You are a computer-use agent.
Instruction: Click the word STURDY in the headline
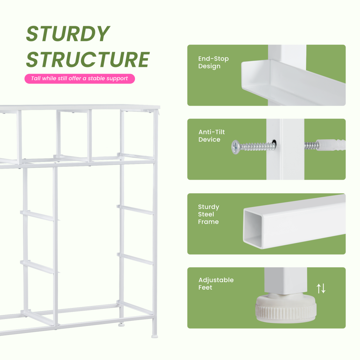coord(68,34)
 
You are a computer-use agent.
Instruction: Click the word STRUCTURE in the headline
coord(88,59)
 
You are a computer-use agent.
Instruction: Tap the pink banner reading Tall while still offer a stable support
coord(80,79)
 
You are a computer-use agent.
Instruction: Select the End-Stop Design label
coord(213,62)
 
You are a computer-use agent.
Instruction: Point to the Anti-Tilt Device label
coord(211,136)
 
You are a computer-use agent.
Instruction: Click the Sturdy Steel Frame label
coord(208,214)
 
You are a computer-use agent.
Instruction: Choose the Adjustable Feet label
coord(216,284)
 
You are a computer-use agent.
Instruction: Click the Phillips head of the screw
coord(236,147)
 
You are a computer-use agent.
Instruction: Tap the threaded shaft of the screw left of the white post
coord(257,146)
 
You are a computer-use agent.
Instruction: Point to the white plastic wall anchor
coord(331,145)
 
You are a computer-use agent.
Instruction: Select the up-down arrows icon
coord(321,288)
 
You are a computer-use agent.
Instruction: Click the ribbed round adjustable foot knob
coord(286,308)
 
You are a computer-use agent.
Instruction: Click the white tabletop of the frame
coord(80,107)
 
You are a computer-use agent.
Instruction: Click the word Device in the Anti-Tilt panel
coord(209,139)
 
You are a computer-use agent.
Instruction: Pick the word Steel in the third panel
coord(206,214)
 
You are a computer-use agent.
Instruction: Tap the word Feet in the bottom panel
coord(205,287)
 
